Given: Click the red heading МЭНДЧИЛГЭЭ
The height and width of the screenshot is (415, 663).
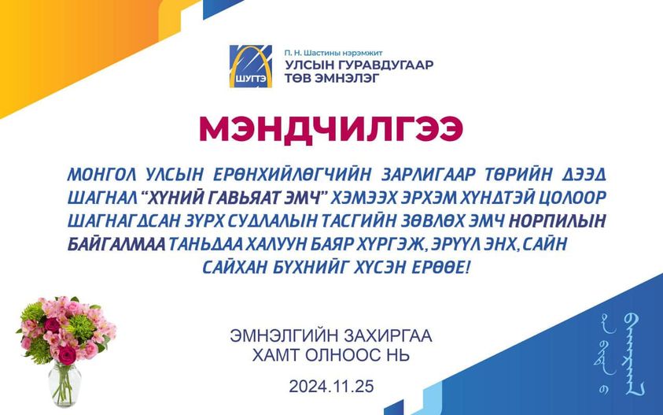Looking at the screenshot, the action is (x=331, y=128).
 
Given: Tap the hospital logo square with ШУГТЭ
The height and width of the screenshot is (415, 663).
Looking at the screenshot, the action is (x=251, y=66).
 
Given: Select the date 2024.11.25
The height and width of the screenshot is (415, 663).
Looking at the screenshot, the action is (x=332, y=387).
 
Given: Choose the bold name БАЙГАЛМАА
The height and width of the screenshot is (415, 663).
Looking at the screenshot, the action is (x=116, y=244).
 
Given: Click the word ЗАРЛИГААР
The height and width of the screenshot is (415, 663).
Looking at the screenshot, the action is (x=429, y=174).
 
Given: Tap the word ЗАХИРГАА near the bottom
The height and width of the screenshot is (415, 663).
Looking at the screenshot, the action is (x=389, y=336).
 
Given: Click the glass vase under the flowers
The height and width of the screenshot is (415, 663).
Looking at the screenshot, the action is (x=64, y=384).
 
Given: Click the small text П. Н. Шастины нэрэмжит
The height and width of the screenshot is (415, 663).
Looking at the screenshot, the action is (x=333, y=53).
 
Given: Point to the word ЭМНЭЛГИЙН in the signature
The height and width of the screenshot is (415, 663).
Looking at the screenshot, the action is (x=285, y=336).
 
